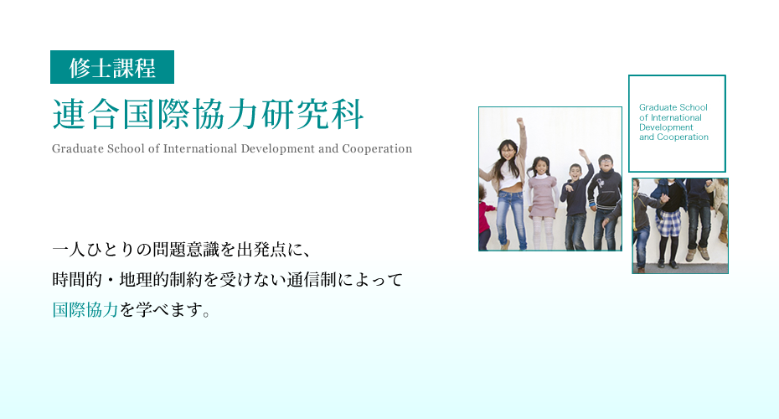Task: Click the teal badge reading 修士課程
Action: [112, 67]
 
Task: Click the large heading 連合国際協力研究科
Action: [209, 114]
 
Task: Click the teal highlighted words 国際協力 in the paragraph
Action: [85, 310]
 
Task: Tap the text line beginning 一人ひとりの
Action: [182, 249]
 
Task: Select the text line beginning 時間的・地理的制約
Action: [228, 279]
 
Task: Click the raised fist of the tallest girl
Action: [520, 122]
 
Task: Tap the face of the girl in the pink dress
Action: [540, 166]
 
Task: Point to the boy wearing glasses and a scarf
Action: [605, 201]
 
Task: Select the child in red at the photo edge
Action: [485, 217]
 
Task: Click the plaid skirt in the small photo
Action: [668, 222]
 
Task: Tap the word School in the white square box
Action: [694, 107]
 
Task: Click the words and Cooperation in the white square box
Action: [673, 137]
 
